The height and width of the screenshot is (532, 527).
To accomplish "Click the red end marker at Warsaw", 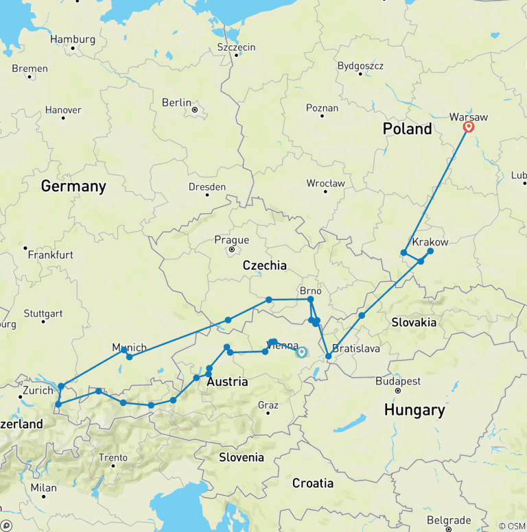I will (x=469, y=127).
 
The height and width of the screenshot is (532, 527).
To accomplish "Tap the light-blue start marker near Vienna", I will (x=301, y=352).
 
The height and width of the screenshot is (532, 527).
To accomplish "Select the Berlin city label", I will (x=176, y=102).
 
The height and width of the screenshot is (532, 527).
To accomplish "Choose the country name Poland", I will (x=408, y=129).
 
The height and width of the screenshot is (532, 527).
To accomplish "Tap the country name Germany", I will (x=73, y=186).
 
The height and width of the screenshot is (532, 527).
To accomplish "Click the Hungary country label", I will (x=414, y=410).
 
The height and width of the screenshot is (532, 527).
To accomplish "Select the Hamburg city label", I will (x=72, y=39).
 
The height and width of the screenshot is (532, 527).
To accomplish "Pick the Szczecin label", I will (x=236, y=47).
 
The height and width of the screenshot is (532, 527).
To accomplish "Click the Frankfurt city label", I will (x=51, y=254).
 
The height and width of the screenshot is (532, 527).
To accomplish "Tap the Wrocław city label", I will (x=326, y=183).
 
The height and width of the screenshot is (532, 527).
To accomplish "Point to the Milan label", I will (x=43, y=487).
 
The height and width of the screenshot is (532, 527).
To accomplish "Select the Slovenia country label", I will (x=241, y=457).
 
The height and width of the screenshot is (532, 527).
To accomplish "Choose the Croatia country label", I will (x=313, y=483).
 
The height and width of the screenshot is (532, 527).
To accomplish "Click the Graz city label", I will (x=268, y=404).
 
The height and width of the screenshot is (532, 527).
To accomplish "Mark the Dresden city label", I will (x=207, y=186).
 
